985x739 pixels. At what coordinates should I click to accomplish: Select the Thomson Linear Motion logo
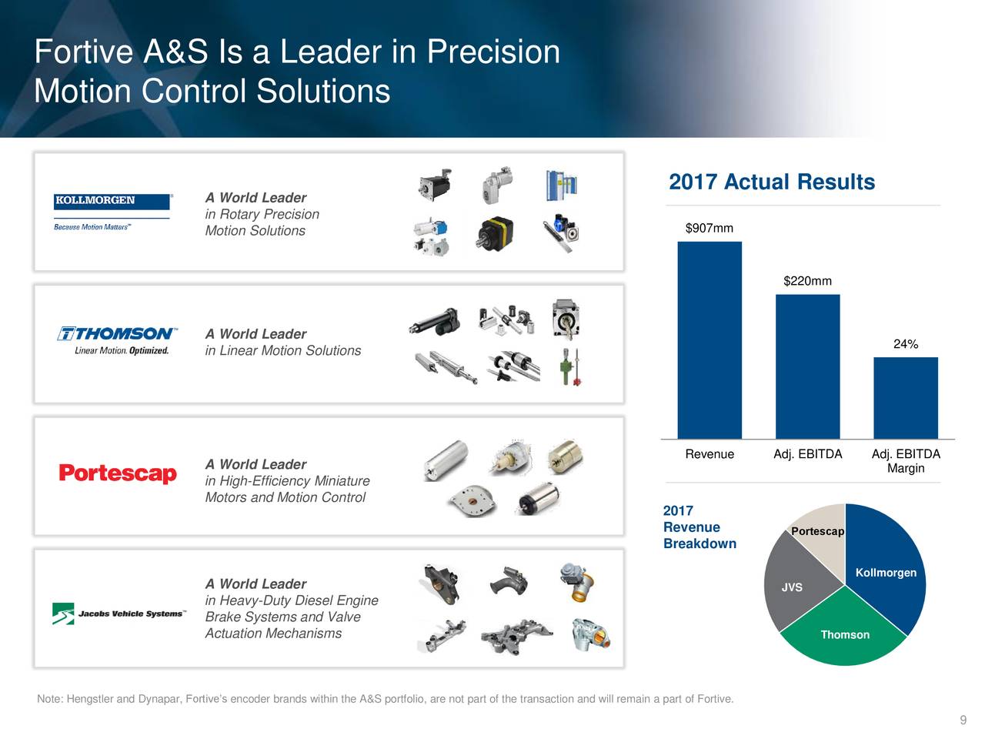118,341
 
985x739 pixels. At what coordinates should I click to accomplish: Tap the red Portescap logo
118,473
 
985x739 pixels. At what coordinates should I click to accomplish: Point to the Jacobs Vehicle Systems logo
119,614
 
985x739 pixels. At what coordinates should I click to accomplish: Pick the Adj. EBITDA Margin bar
906,398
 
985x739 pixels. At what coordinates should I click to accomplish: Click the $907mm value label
709,228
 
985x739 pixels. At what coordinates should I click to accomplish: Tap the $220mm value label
807,281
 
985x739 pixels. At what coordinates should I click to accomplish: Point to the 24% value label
906,344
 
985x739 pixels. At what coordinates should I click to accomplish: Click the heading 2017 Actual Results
772,182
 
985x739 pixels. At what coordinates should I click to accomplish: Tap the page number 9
963,721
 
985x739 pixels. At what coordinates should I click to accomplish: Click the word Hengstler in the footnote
90,699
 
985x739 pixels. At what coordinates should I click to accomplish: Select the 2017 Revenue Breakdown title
699,527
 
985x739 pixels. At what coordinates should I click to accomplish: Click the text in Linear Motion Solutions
282,351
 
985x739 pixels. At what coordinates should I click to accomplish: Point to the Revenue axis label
709,454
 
